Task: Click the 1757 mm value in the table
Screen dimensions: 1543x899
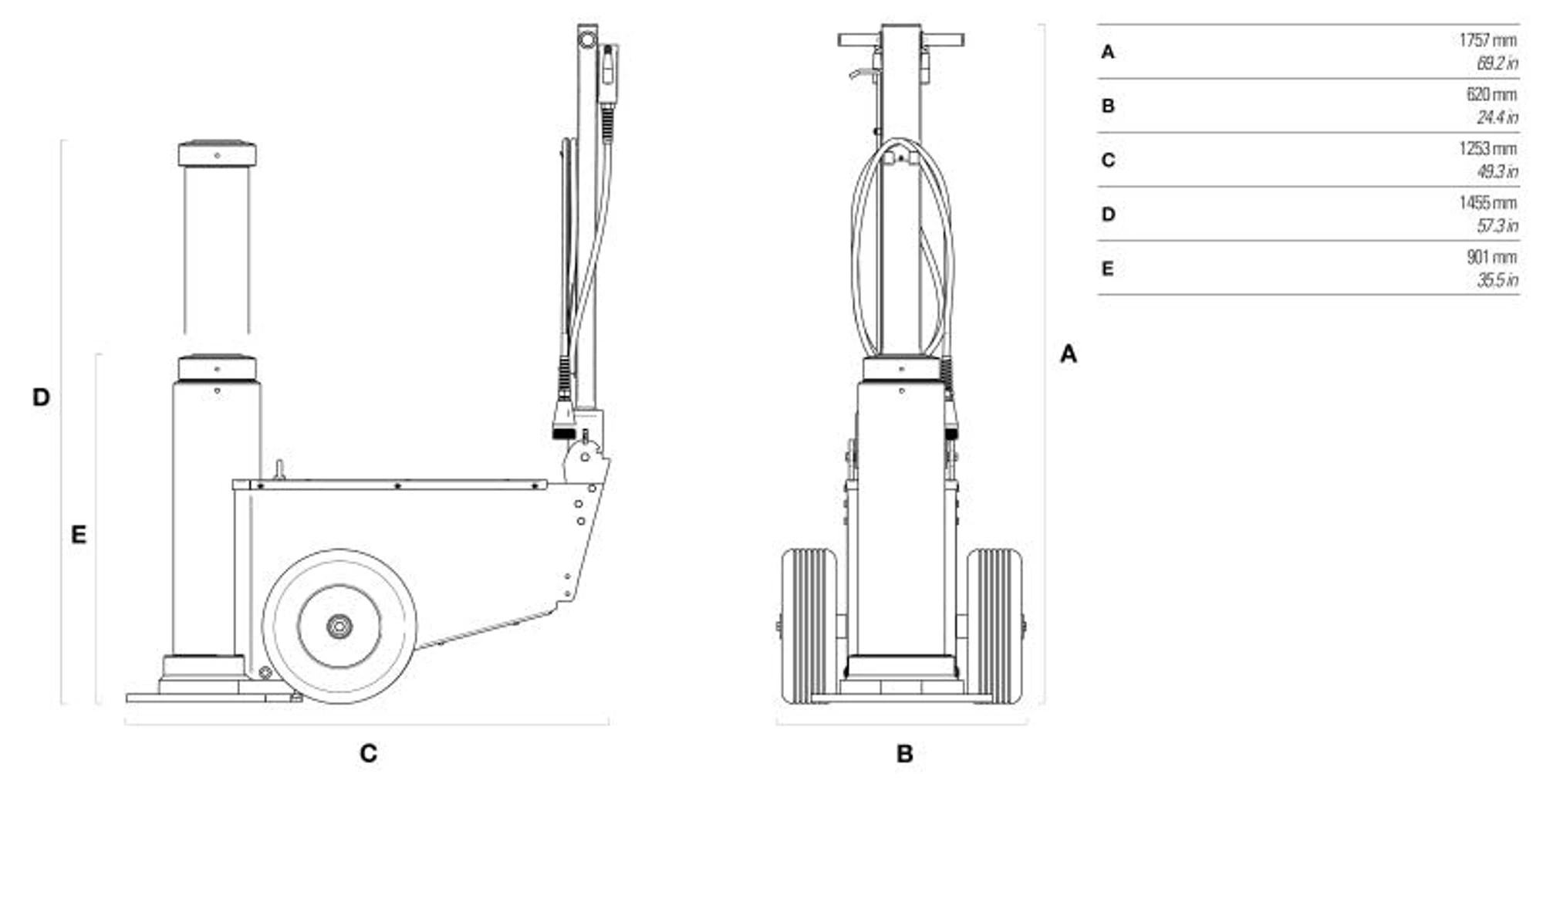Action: point(1487,40)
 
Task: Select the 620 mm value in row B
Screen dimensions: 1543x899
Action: point(1491,94)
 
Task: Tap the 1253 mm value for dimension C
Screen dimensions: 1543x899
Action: point(1487,148)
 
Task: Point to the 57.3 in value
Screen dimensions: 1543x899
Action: point(1497,225)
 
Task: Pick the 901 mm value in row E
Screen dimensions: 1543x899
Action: point(1491,257)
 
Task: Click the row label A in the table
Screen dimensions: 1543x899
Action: point(1108,52)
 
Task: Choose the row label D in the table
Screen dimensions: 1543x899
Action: point(1108,214)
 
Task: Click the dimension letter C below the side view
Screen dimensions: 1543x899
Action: point(369,753)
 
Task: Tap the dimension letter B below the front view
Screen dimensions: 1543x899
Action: point(905,753)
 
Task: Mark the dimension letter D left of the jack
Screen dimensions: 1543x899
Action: point(41,397)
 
